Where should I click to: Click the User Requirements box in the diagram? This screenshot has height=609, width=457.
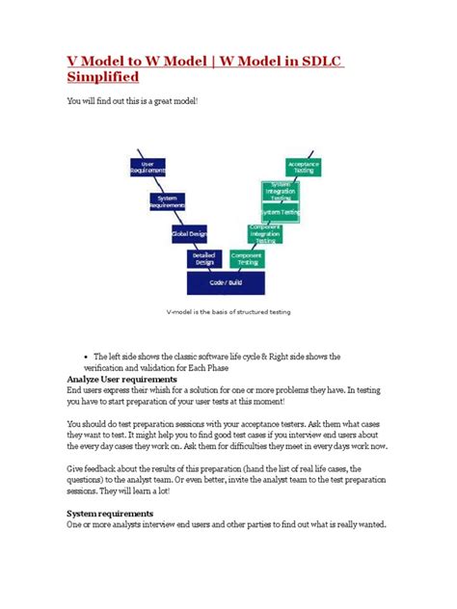[x=148, y=166]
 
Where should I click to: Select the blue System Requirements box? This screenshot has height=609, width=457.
[x=167, y=200]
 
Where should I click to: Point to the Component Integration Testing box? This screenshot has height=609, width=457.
[x=265, y=232]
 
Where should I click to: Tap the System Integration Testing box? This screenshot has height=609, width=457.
[x=281, y=191]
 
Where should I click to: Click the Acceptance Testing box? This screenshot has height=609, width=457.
[x=303, y=166]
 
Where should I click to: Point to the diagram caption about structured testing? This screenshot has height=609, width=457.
[x=227, y=312]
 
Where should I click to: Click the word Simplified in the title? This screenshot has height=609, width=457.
[x=101, y=75]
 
